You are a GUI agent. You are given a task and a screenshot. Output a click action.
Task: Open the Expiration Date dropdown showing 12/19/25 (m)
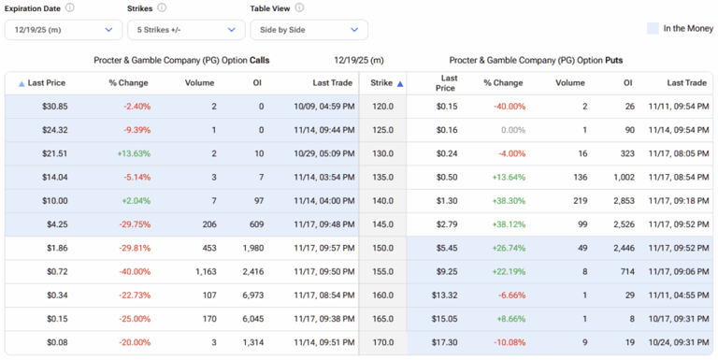click(x=63, y=30)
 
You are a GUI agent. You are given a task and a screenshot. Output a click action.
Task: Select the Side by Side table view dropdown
click(x=309, y=30)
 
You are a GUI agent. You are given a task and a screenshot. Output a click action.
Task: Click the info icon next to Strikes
click(x=162, y=7)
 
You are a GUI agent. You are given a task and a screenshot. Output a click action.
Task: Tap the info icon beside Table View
click(x=299, y=7)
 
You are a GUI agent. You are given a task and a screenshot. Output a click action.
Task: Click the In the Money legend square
click(x=653, y=28)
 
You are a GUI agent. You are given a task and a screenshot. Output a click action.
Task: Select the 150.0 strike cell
click(x=382, y=248)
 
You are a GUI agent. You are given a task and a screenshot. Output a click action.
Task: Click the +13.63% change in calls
click(x=134, y=153)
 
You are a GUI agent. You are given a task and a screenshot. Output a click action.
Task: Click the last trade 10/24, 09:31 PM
click(x=678, y=342)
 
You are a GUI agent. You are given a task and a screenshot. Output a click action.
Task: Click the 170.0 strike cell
click(x=382, y=342)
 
